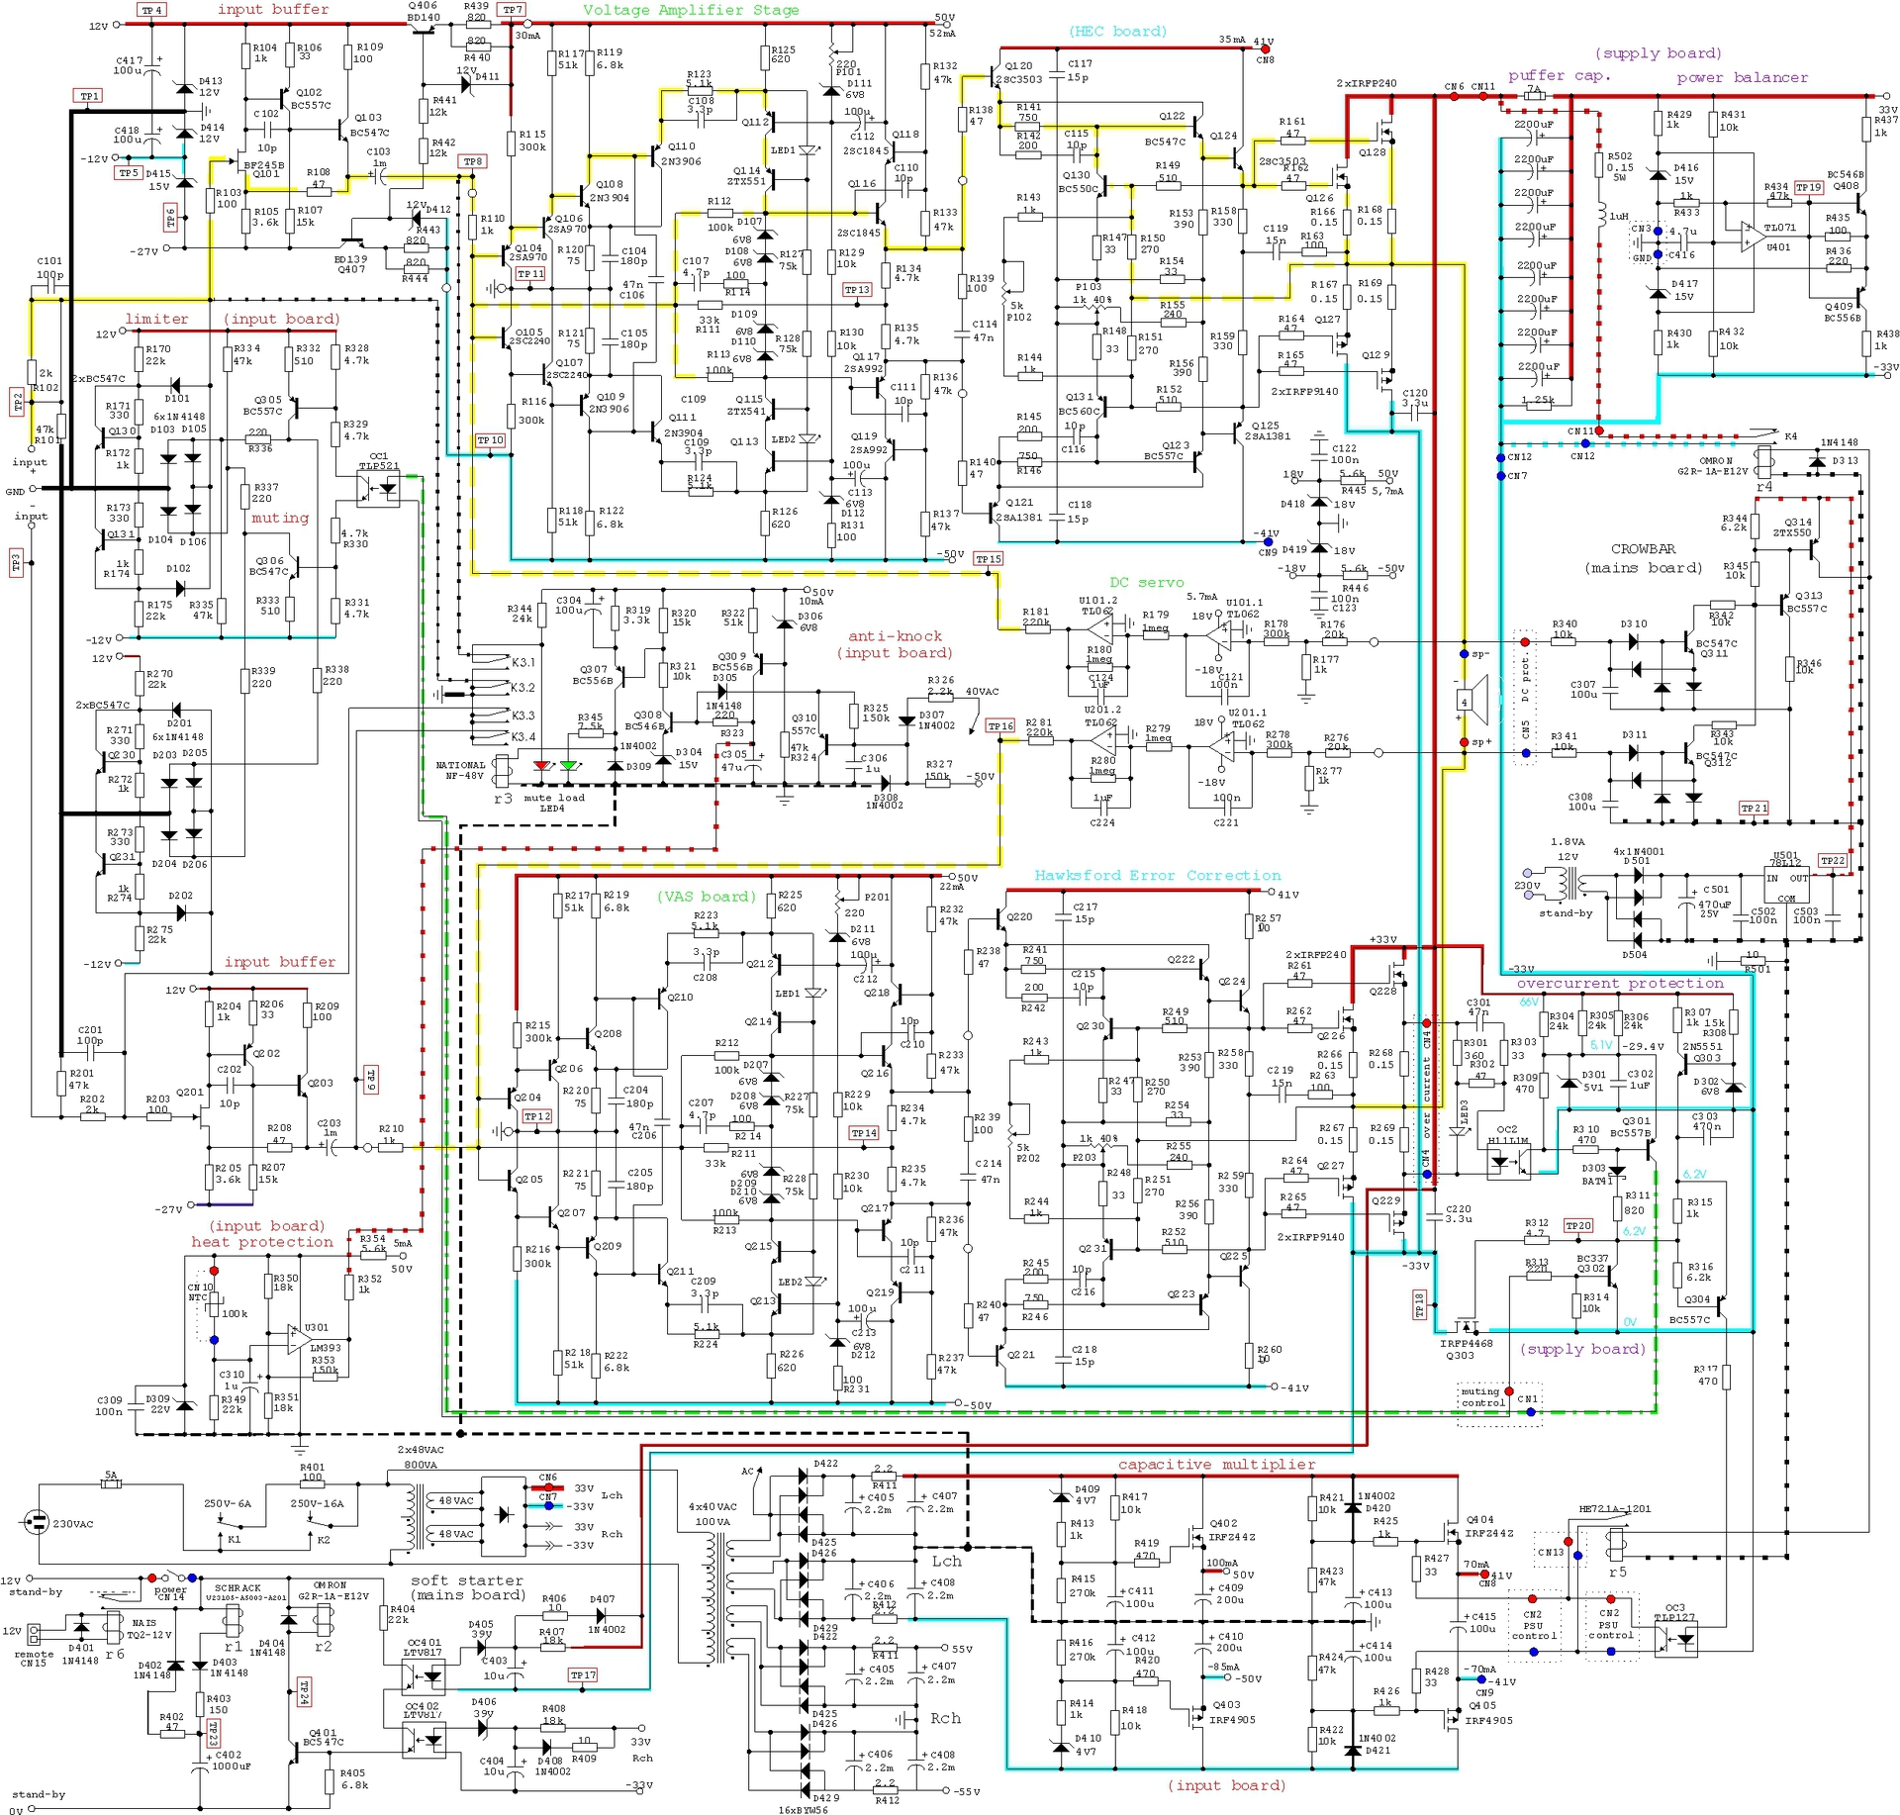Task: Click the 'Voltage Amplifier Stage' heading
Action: click(x=690, y=11)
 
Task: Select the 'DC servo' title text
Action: click(x=1146, y=583)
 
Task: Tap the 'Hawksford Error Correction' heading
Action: click(x=1157, y=876)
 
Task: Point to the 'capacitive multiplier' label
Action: click(x=1216, y=1465)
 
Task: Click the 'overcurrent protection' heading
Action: click(x=1620, y=984)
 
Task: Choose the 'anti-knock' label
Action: click(x=895, y=636)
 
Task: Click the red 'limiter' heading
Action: click(x=156, y=319)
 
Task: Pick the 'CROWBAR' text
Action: click(x=1643, y=549)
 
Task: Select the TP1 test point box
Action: click(x=89, y=96)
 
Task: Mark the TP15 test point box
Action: click(x=988, y=559)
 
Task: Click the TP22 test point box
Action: click(x=1832, y=861)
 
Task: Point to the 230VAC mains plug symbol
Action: click(x=37, y=1523)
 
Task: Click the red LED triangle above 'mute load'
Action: click(x=541, y=766)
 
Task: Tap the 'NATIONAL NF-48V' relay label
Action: click(x=461, y=771)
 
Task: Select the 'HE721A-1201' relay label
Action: click(x=1616, y=1509)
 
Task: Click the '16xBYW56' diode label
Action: click(x=803, y=1810)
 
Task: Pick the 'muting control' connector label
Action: click(x=1482, y=1396)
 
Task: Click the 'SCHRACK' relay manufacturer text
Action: click(x=237, y=1587)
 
